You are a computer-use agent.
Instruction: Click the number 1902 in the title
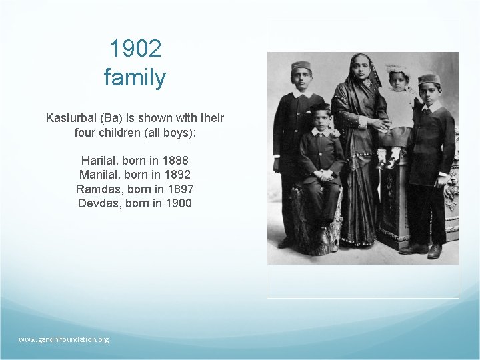coord(135,49)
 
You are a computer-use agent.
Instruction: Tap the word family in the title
coord(135,78)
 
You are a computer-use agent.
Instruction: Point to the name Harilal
coord(100,161)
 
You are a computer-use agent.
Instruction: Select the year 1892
coord(177,175)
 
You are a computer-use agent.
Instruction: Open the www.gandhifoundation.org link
coord(64,339)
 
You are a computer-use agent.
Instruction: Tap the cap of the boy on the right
coord(429,79)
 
